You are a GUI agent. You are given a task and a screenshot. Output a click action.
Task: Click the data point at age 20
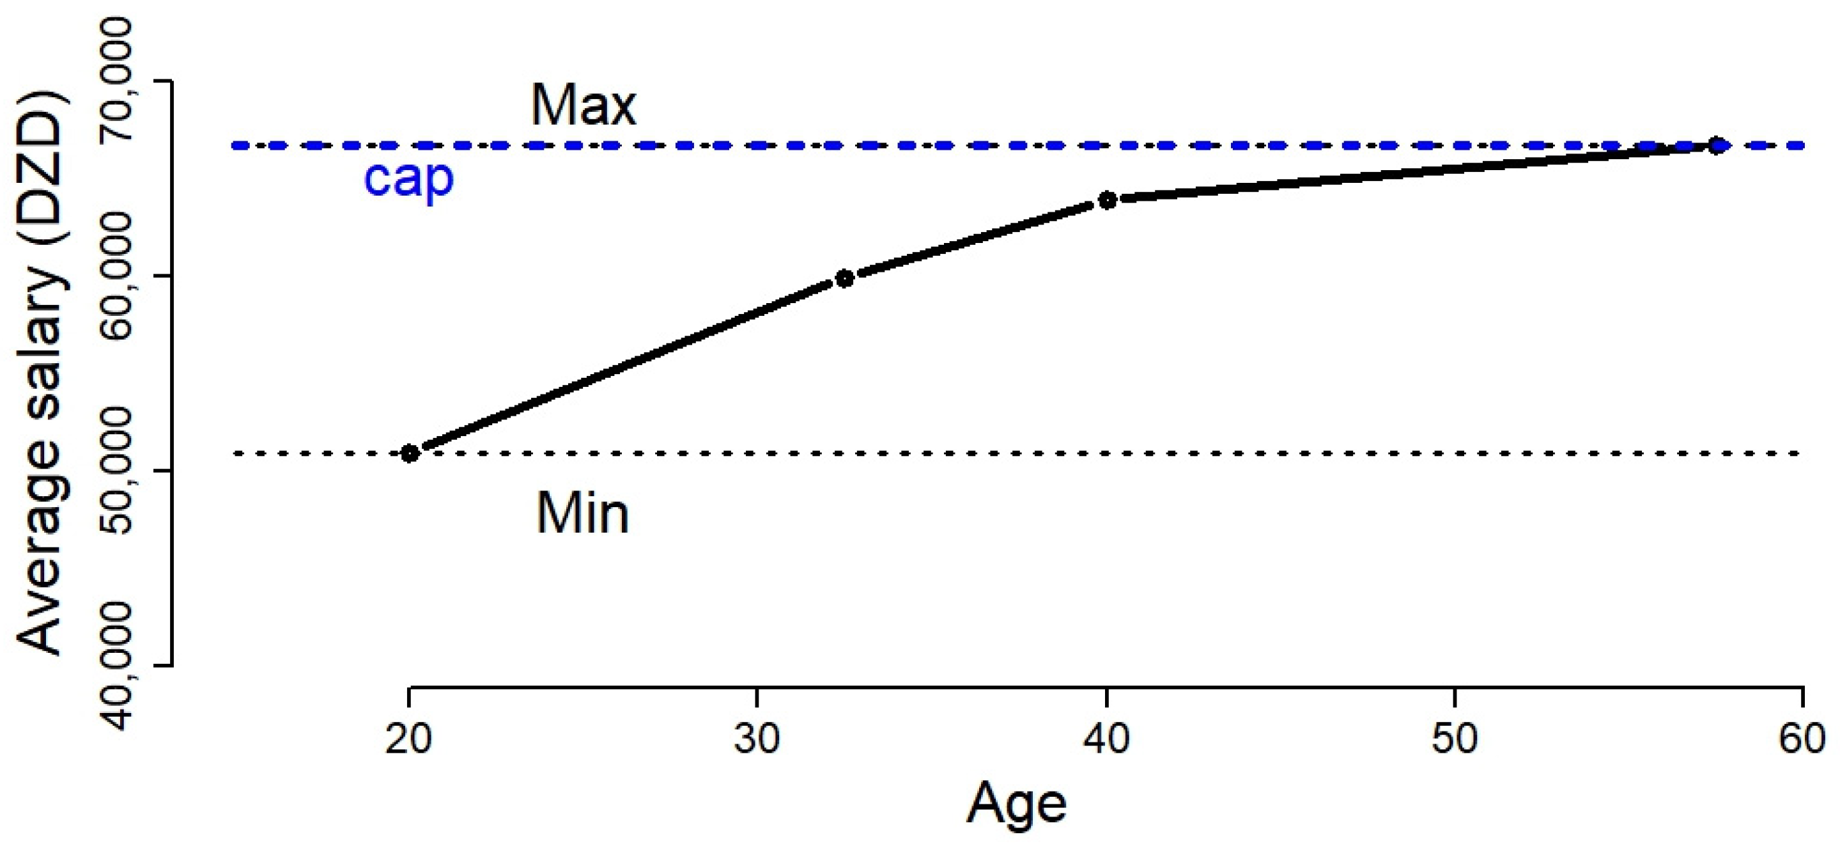(x=409, y=453)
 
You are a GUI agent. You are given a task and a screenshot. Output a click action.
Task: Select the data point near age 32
(x=844, y=279)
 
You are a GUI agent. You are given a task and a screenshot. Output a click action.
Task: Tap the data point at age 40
(x=1107, y=200)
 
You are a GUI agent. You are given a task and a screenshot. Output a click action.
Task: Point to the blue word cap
(x=408, y=178)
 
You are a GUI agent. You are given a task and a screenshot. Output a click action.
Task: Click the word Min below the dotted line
(x=582, y=513)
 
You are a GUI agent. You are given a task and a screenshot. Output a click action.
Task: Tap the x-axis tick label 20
(x=408, y=739)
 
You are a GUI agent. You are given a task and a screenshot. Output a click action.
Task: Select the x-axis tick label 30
(x=757, y=739)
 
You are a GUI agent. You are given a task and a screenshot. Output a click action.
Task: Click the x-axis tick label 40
(x=1106, y=739)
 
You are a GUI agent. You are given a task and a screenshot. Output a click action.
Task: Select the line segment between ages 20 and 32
(x=626, y=366)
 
